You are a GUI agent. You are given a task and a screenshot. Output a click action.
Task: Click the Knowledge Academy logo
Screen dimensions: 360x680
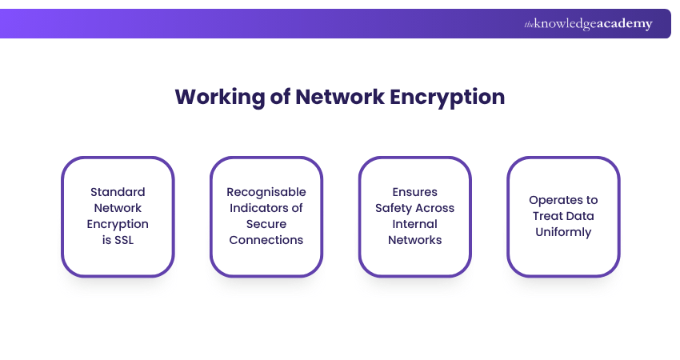[x=588, y=24]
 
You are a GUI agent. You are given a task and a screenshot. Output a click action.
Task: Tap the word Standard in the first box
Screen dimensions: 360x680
[x=118, y=192]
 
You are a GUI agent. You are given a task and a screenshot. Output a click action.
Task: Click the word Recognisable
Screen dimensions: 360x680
[x=266, y=192]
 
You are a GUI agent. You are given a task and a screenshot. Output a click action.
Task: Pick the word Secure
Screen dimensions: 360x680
[x=266, y=224]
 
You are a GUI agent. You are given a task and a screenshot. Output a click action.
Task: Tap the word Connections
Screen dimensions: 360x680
[x=266, y=240]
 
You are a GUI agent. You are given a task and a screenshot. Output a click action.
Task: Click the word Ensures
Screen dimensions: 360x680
[x=414, y=192]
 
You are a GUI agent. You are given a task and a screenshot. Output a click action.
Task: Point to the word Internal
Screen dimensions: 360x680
[x=414, y=224]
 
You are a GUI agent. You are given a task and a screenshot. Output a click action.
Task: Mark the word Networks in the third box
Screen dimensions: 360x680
[x=414, y=240]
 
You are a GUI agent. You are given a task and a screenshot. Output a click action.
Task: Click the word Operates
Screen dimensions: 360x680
[x=563, y=200]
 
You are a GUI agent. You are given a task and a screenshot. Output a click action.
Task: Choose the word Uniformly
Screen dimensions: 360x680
[x=563, y=232]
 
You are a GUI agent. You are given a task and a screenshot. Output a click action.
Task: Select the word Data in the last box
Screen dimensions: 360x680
[x=581, y=216]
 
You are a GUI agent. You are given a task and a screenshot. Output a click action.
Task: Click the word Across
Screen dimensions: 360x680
[x=437, y=208]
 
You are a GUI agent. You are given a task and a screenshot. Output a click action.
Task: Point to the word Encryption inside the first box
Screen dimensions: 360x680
[x=118, y=224]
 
